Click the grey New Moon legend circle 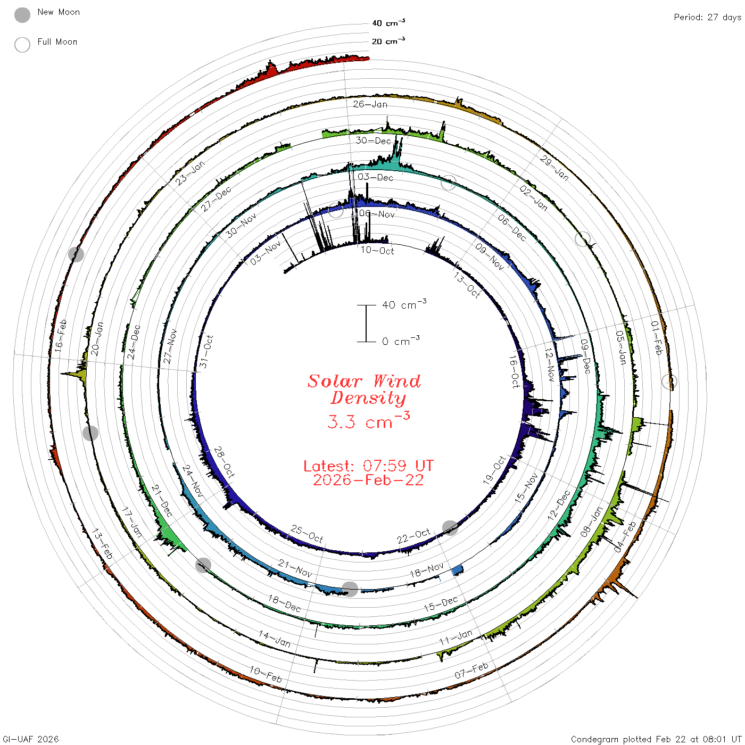point(22,15)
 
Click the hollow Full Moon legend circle point(22,45)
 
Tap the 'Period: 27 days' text point(707,18)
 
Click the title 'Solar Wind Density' point(364,390)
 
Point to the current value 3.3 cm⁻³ point(368,421)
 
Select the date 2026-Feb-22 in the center point(368,480)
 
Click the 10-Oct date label point(377,250)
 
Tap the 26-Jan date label point(370,104)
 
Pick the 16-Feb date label point(60,336)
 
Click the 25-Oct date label point(307,534)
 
